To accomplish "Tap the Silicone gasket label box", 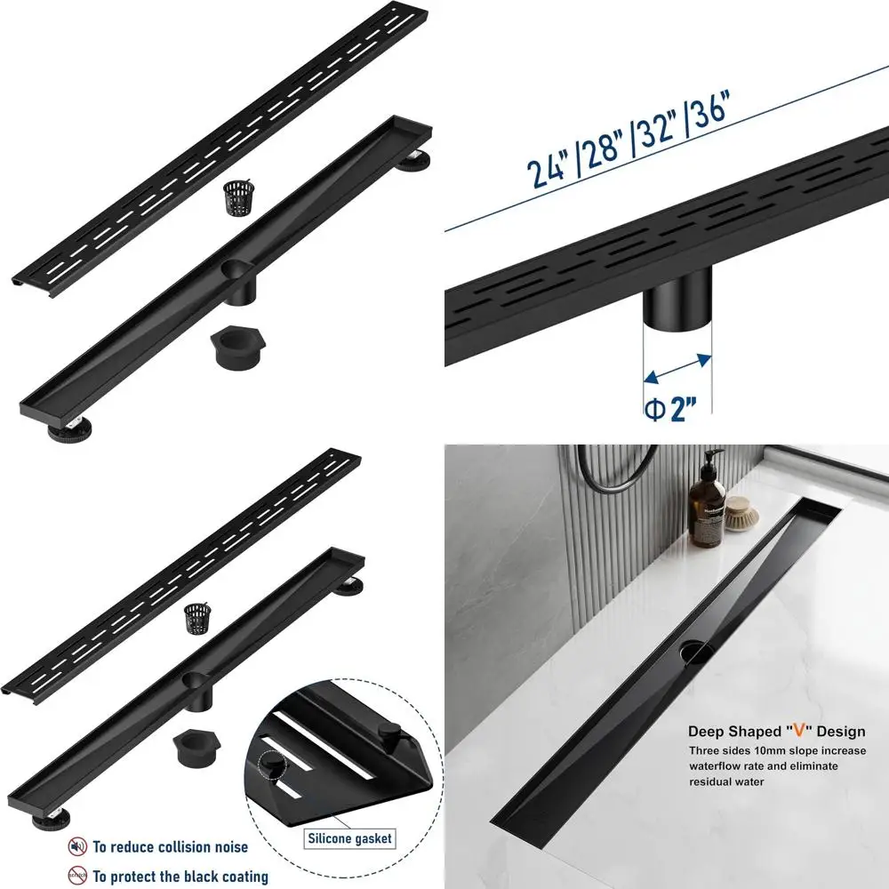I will coord(349,837).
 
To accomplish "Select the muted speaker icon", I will coord(78,846).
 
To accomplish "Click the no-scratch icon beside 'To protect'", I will coord(78,876).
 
